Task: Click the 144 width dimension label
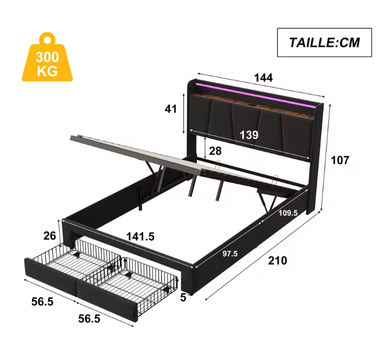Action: (263, 78)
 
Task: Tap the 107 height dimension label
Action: (340, 160)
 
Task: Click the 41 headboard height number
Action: (170, 109)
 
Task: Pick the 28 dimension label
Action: (215, 151)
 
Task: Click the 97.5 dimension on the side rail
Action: (229, 253)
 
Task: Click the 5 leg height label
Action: (183, 297)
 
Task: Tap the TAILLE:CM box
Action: (323, 42)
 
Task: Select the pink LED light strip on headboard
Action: (255, 91)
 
